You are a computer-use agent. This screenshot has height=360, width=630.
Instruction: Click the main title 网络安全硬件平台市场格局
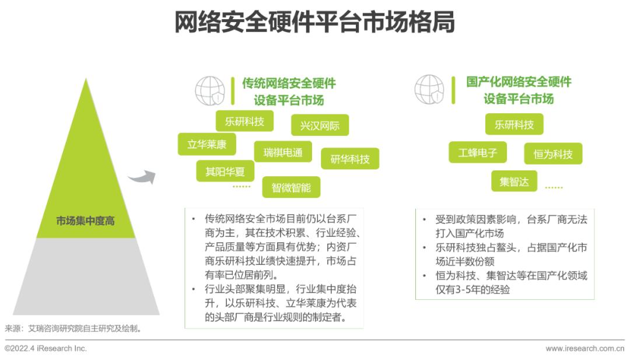[x=314, y=22]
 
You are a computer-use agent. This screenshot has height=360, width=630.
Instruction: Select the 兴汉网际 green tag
[x=320, y=125]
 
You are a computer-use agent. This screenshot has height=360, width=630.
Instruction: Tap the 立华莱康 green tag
[x=206, y=144]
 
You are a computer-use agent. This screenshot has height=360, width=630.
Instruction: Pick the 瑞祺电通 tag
[x=283, y=152]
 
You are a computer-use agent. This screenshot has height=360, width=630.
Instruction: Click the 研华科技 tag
[x=350, y=159]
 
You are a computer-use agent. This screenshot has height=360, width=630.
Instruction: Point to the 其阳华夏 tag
[x=225, y=172]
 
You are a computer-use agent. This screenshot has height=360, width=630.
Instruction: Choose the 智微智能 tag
[x=291, y=187]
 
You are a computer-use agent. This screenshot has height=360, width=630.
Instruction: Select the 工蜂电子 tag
[x=477, y=152]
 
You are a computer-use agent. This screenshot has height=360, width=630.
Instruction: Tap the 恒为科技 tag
[x=553, y=153]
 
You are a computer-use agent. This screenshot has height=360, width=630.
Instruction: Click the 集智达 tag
[x=514, y=181]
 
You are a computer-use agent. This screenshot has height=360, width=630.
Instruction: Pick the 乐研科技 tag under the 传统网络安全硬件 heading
[x=244, y=121]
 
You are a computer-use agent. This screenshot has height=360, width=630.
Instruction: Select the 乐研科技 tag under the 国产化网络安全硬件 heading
[x=514, y=124]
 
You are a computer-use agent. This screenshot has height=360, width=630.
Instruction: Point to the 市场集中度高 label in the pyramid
[x=85, y=221]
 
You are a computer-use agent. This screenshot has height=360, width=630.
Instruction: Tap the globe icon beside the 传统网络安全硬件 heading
[x=210, y=91]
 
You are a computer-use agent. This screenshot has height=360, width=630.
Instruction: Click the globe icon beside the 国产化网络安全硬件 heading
[x=429, y=89]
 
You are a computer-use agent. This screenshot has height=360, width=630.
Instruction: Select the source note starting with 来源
[x=73, y=328]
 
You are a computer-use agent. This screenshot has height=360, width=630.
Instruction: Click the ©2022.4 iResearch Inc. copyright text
[x=46, y=348]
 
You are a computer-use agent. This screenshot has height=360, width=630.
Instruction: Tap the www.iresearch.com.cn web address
[x=584, y=348]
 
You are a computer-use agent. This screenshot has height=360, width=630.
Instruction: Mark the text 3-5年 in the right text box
[x=468, y=289]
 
